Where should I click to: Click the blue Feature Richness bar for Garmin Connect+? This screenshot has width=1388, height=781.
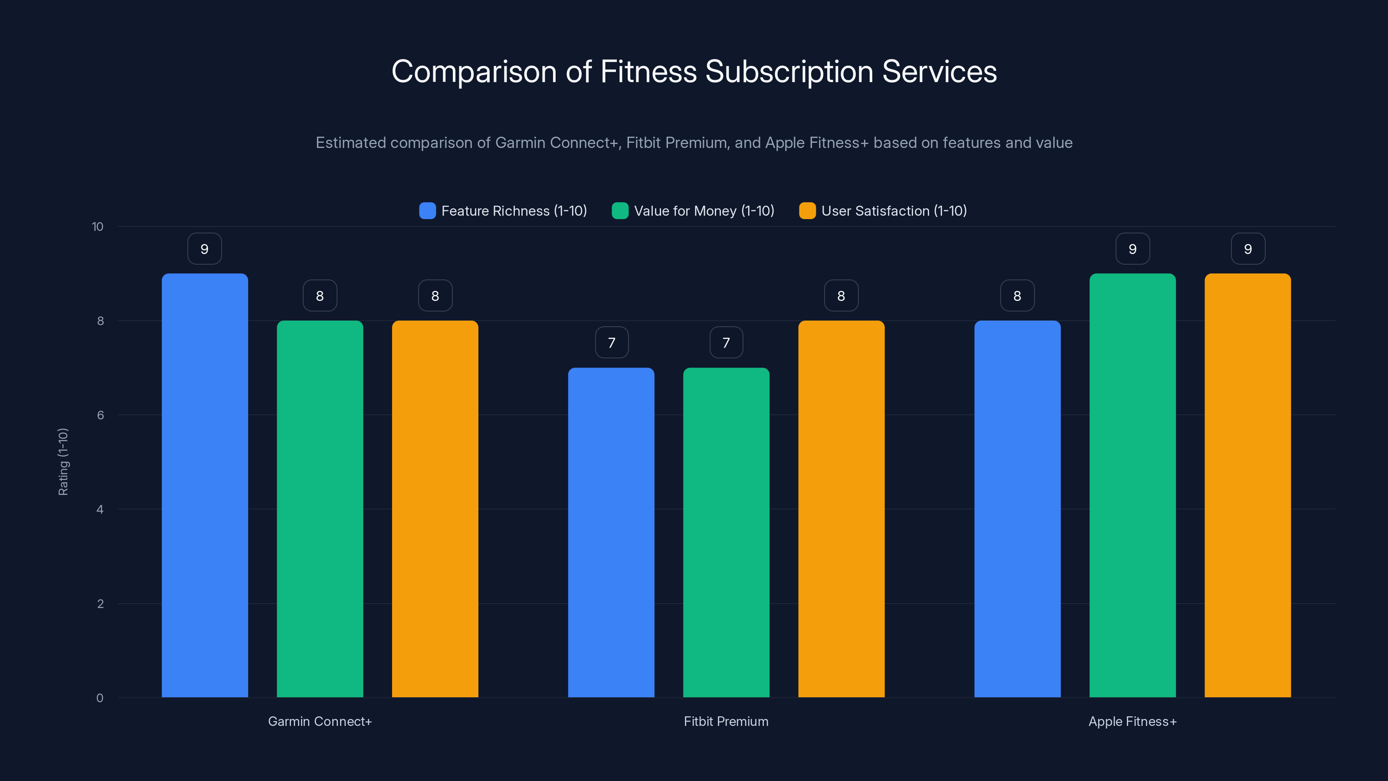pyautogui.click(x=205, y=485)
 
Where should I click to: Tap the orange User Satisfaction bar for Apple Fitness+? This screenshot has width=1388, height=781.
pyautogui.click(x=1247, y=485)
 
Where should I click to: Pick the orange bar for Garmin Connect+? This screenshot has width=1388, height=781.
pyautogui.click(x=435, y=509)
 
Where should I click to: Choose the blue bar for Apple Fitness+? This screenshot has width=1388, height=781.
pyautogui.click(x=1017, y=509)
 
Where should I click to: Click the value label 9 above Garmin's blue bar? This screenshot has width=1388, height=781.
pyautogui.click(x=204, y=249)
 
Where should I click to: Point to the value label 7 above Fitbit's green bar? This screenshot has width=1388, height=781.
pyautogui.click(x=726, y=343)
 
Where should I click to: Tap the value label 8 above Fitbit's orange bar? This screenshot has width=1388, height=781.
pyautogui.click(x=841, y=296)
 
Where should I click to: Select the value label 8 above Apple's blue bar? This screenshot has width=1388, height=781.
pyautogui.click(x=1017, y=296)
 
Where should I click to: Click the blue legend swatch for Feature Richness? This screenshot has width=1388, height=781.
pyautogui.click(x=427, y=211)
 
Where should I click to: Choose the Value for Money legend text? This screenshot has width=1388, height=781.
pyautogui.click(x=704, y=211)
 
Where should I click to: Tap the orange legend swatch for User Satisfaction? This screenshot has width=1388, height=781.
pyautogui.click(x=807, y=211)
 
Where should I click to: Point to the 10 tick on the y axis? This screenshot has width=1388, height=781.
pyautogui.click(x=98, y=227)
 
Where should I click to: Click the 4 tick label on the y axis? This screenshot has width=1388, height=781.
pyautogui.click(x=100, y=509)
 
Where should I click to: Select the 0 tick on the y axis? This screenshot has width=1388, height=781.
pyautogui.click(x=100, y=698)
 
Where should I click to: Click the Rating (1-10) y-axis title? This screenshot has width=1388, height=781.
pyautogui.click(x=63, y=462)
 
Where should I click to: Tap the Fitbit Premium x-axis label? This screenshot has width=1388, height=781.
pyautogui.click(x=726, y=721)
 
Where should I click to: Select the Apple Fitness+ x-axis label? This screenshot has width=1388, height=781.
pyautogui.click(x=1132, y=721)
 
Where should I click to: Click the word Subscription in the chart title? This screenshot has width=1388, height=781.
pyautogui.click(x=789, y=72)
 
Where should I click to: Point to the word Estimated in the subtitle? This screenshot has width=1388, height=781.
pyautogui.click(x=350, y=143)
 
